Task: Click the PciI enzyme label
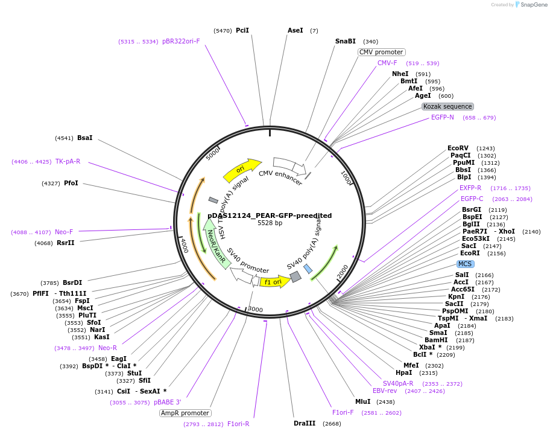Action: click(x=242, y=30)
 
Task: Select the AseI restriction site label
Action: click(x=296, y=30)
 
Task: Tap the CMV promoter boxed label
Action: click(x=381, y=52)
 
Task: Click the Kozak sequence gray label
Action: click(x=447, y=106)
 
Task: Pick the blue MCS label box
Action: click(x=465, y=264)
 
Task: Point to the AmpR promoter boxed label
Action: click(x=185, y=413)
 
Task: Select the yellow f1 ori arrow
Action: click(x=274, y=281)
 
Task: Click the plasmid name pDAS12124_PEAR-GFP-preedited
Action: click(x=270, y=215)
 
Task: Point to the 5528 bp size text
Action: click(x=270, y=223)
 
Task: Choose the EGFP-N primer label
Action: click(x=443, y=117)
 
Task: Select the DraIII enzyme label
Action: click(x=305, y=423)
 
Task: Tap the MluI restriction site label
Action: click(x=362, y=401)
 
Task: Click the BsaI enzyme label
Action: click(x=85, y=138)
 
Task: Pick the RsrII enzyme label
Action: click(x=66, y=243)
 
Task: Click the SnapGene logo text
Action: click(x=534, y=5)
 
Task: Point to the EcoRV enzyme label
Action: click(x=458, y=148)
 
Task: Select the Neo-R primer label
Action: click(x=107, y=348)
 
